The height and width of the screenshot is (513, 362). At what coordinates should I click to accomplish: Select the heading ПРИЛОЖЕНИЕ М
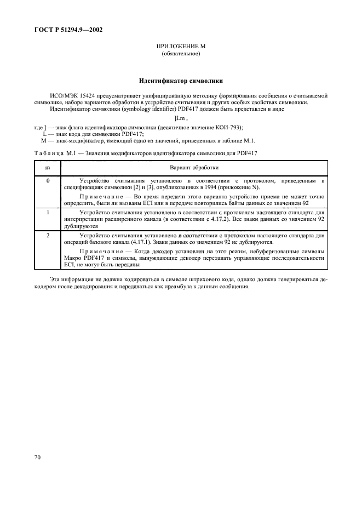point(181,48)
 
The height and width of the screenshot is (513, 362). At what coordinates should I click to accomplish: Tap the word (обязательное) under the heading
point(181,54)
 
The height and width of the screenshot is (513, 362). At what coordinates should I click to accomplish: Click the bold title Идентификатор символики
point(181,81)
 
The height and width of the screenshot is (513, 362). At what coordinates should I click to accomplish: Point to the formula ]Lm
point(181,118)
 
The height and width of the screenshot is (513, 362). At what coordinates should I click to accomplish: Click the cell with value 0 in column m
point(48,180)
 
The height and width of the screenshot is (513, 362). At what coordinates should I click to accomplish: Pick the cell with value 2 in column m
point(48,235)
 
